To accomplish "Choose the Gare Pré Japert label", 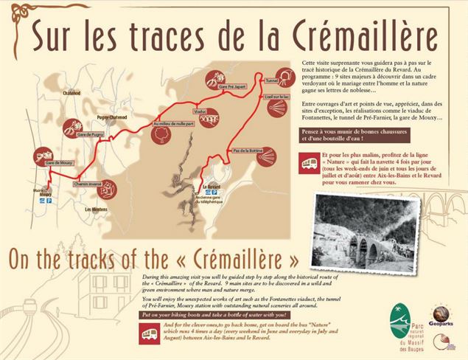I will [x=212, y=88].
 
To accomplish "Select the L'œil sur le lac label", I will [x=273, y=97].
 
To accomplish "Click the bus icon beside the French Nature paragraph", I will [x=309, y=162].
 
